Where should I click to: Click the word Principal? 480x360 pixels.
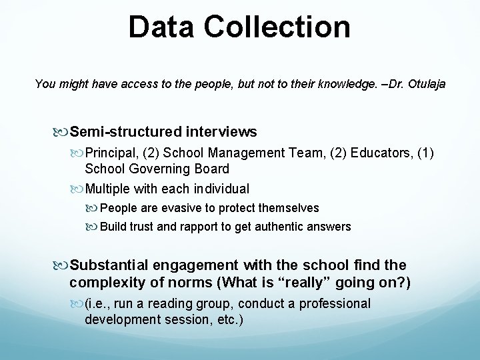click(109, 153)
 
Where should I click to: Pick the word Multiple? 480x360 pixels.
click(109, 189)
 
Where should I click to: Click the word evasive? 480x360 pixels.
click(174, 208)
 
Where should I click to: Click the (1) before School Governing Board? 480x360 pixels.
click(425, 153)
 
